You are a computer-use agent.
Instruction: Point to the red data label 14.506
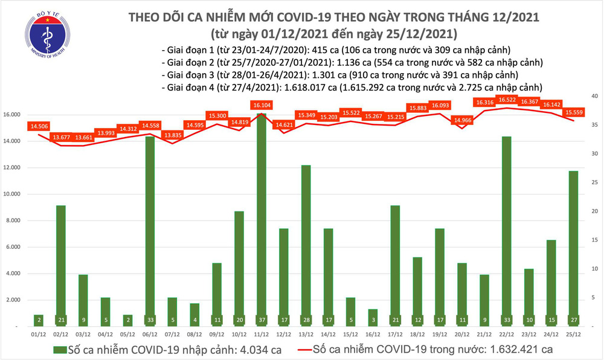[x=39, y=126]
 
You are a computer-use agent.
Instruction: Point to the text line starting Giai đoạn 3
[x=340, y=75]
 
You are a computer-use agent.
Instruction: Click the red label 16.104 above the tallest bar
[x=260, y=105]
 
